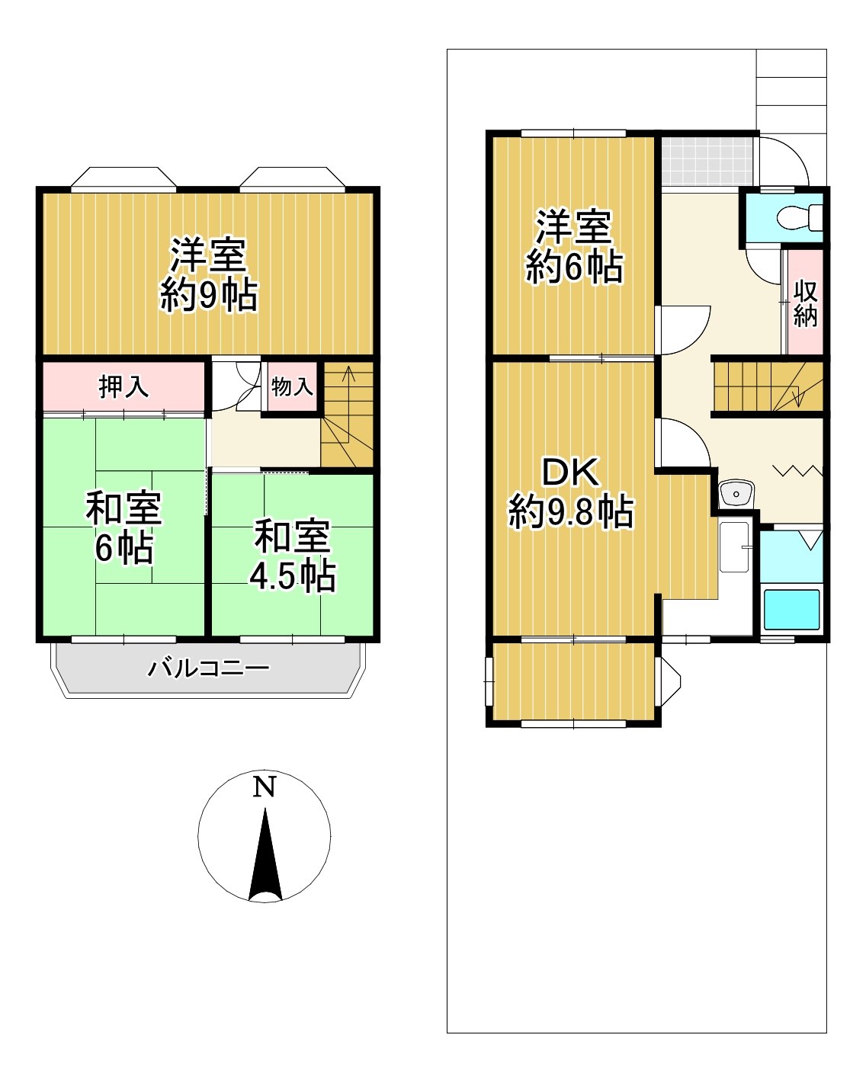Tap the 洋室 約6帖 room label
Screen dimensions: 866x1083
click(574, 246)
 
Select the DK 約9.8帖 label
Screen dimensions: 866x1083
click(571, 492)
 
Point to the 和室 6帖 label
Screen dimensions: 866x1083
click(123, 527)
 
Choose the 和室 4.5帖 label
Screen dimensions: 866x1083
click(293, 555)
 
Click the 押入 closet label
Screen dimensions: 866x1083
click(123, 387)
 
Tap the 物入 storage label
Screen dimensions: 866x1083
click(292, 387)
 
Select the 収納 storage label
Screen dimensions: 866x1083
click(805, 303)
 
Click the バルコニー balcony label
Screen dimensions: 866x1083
click(208, 668)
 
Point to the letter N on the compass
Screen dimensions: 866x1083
click(265, 787)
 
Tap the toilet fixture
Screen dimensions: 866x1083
click(800, 217)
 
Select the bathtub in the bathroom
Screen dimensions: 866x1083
click(791, 610)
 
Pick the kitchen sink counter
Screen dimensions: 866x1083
click(735, 547)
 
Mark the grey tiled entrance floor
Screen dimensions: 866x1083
click(707, 161)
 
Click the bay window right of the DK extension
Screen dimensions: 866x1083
click(670, 682)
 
